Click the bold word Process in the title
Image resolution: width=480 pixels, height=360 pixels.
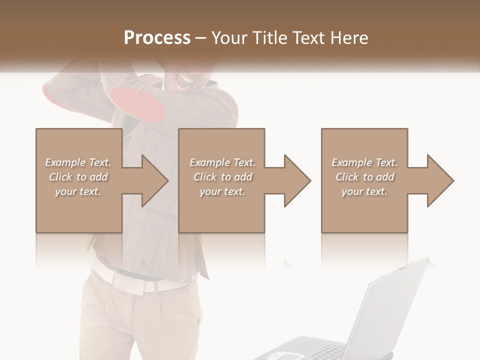point(157,38)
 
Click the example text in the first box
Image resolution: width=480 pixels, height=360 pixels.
point(78,177)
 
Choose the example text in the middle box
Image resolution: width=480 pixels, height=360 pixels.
point(222,177)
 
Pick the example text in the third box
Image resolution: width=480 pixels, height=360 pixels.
point(364,177)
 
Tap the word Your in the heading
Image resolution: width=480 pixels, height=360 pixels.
point(229,38)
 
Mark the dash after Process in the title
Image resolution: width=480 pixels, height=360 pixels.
point(200,38)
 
